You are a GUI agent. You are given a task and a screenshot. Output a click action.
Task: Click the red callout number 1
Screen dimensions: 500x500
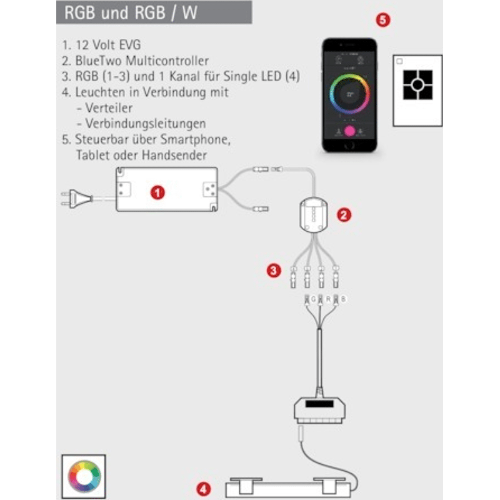point(159,192)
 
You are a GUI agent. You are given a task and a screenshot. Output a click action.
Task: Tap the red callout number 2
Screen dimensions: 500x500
point(344,214)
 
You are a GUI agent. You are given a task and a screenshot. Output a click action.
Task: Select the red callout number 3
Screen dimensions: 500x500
point(273,271)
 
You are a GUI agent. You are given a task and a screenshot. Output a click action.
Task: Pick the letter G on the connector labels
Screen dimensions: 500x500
point(314,300)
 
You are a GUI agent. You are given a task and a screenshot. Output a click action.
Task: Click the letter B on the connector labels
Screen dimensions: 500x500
point(343,300)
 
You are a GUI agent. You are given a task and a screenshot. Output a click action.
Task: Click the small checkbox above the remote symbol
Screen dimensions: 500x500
point(399,62)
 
